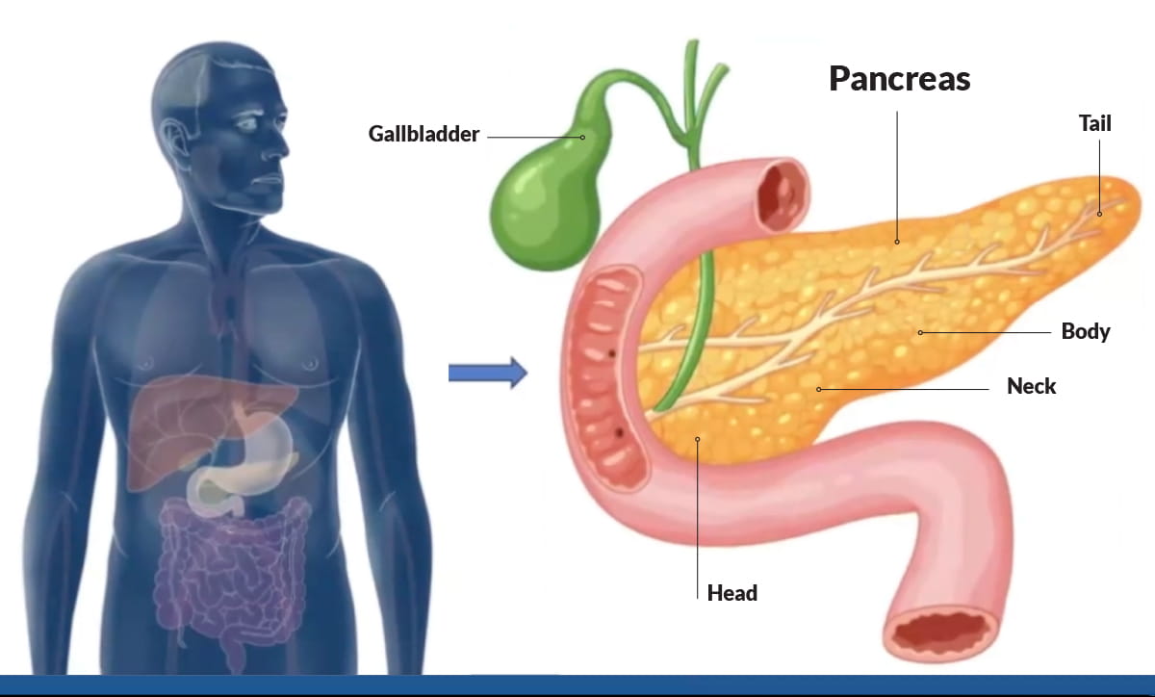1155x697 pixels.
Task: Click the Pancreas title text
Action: coord(900,80)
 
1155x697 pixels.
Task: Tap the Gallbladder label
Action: coord(423,134)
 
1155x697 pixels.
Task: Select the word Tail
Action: coord(1095,123)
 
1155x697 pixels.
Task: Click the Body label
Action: coord(1086,331)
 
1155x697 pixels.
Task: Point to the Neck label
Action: coord(1031,386)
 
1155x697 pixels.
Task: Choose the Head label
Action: coord(732,593)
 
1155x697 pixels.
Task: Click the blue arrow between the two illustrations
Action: coord(488,373)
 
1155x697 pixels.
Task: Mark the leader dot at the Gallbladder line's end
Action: coord(582,138)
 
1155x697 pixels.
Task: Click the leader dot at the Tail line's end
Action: coord(1099,214)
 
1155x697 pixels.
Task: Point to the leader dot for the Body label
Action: coord(920,333)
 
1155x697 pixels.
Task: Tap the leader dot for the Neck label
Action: coord(819,390)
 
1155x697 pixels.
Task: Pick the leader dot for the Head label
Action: coord(698,440)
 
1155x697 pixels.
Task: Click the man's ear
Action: coord(174,141)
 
